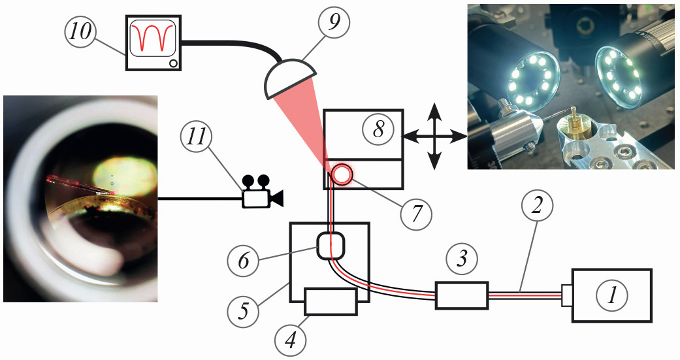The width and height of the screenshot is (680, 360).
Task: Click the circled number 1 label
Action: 612,295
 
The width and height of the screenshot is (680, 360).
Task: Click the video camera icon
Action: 262,191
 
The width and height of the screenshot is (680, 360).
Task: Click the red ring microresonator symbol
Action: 342,174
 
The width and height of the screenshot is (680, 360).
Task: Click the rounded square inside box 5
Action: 331,247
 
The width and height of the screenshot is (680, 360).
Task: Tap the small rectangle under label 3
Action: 462,296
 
